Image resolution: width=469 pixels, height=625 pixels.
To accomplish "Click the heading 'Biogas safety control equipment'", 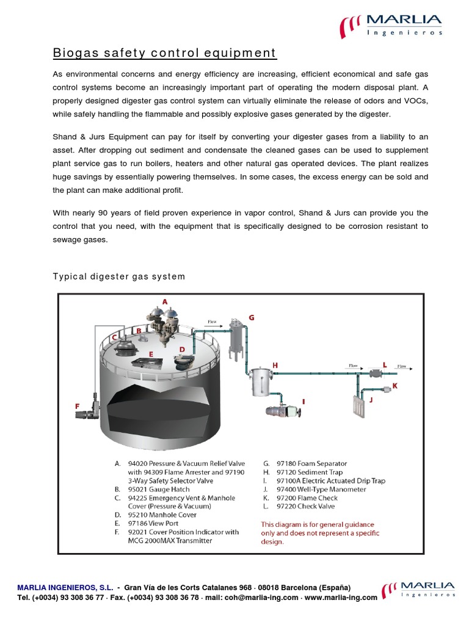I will tap(165, 53).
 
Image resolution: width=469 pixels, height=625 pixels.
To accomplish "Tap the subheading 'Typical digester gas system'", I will tap(118, 276).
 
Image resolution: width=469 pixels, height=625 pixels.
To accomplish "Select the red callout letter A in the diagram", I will tap(164, 302).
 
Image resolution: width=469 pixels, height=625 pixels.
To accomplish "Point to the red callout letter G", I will tap(251, 318).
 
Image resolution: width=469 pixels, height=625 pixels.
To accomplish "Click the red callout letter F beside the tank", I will tap(78, 405).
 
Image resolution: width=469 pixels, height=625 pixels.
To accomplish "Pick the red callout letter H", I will tap(275, 365).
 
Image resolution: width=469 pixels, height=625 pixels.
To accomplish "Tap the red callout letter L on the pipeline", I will tap(384, 364).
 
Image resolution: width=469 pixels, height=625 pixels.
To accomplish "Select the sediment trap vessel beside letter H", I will tap(261, 381).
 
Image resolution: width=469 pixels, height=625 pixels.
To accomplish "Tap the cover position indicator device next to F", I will tap(85, 416).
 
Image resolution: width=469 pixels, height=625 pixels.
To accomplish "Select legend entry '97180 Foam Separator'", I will tap(311, 463).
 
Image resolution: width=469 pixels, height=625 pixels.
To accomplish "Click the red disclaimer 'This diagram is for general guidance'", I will tap(318, 524).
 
